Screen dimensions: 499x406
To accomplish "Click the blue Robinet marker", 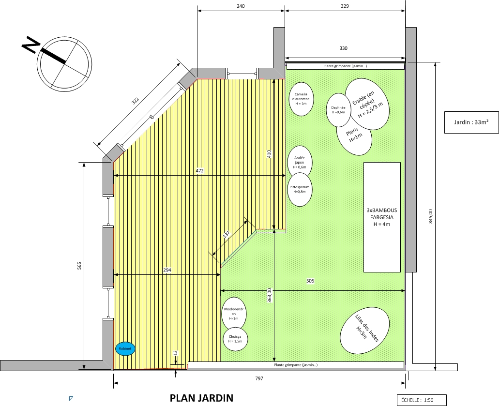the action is click(125, 348).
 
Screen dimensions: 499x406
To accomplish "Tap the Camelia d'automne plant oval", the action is click(301, 99).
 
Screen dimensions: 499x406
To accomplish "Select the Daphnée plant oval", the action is click(338, 110).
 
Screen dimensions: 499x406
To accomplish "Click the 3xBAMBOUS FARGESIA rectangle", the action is click(382, 217).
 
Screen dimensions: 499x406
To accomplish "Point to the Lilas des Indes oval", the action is click(365, 331).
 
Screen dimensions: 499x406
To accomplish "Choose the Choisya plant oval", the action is click(235, 339).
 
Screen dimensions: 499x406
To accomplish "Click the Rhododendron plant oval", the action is click(234, 314).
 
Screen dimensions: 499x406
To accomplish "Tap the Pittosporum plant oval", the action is click(300, 189).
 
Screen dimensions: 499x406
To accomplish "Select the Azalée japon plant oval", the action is click(300, 162).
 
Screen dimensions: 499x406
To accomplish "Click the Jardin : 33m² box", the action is click(471, 122).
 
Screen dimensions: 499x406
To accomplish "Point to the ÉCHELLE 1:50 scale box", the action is click(422, 400).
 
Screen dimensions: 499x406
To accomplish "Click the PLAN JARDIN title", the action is click(201, 398).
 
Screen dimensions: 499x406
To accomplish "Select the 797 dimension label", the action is click(259, 378).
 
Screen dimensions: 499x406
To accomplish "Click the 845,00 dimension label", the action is click(431, 216).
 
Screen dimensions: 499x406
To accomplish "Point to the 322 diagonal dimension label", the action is click(135, 101).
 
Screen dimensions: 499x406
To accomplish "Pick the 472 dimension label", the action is click(199, 171).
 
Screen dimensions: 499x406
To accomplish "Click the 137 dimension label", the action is click(227, 235).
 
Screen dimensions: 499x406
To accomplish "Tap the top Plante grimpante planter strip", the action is click(345, 66).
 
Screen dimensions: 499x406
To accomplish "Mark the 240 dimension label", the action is click(241, 6).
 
